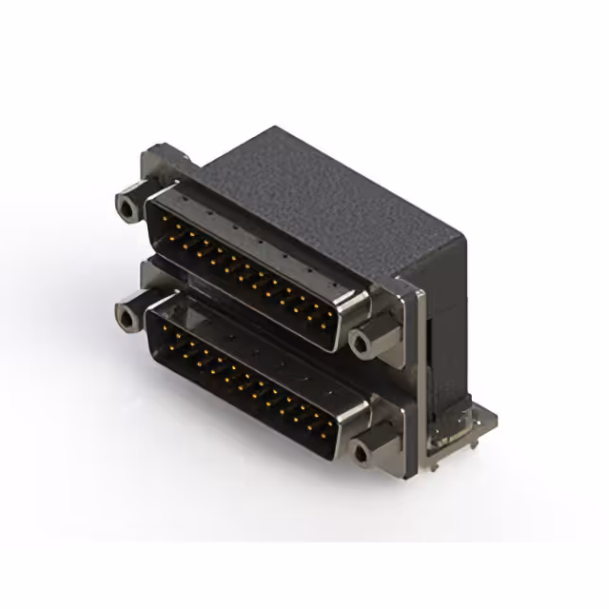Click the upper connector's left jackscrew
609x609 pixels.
[126, 206]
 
